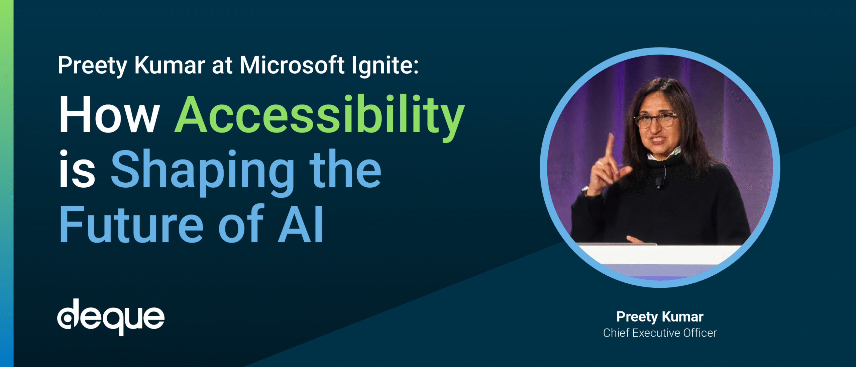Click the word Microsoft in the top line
pos(292,65)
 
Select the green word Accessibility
pos(319,115)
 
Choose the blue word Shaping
pos(203,171)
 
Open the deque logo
pos(111,317)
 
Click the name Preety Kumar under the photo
pos(660,316)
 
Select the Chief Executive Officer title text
pos(660,333)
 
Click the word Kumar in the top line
pos(170,65)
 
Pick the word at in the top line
pos(222,65)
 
